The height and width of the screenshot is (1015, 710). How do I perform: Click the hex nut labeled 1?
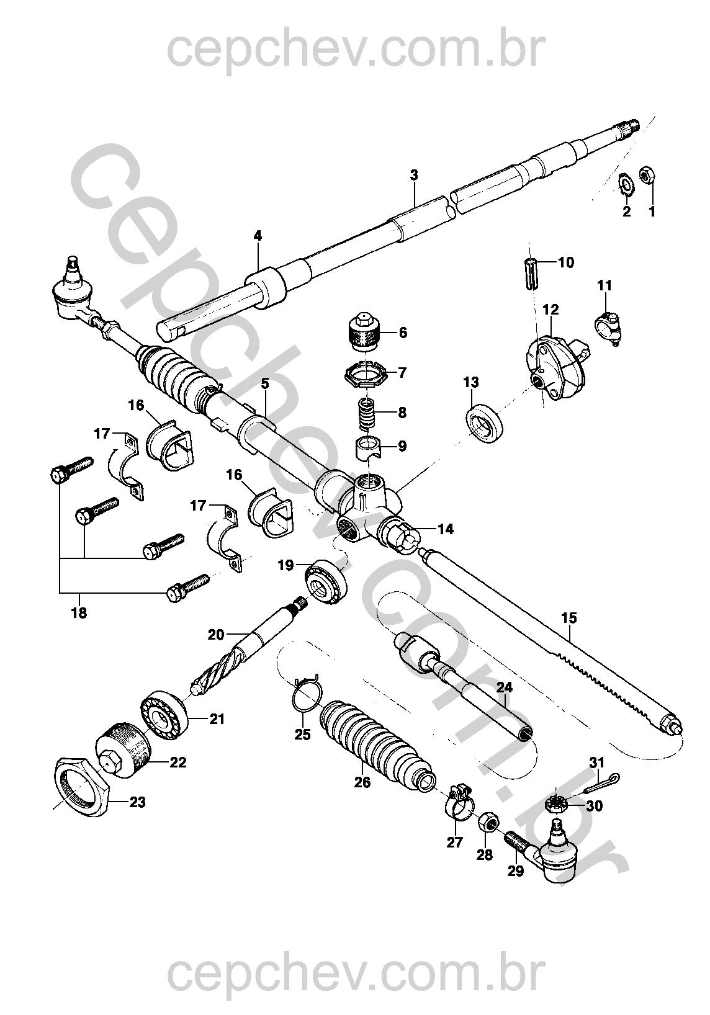pyautogui.click(x=645, y=176)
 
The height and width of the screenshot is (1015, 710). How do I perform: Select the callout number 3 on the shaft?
pyautogui.click(x=414, y=175)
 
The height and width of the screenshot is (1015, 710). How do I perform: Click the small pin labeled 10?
pyautogui.click(x=529, y=273)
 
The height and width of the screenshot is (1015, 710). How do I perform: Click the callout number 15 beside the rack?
pyautogui.click(x=568, y=618)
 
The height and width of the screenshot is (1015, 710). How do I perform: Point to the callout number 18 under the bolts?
pyautogui.click(x=79, y=613)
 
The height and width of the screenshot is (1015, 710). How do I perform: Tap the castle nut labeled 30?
pyautogui.click(x=555, y=805)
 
